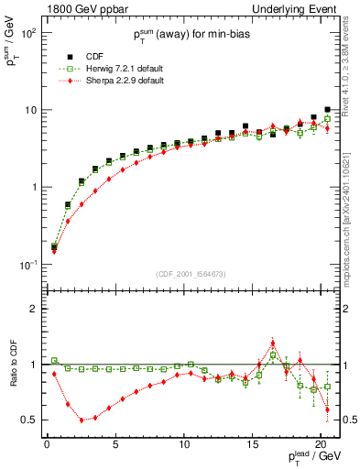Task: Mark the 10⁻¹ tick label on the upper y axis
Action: pos(28,265)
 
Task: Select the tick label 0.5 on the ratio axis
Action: pos(30,420)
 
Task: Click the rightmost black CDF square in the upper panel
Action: pos(327,110)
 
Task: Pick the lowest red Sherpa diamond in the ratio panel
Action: pos(82,420)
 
